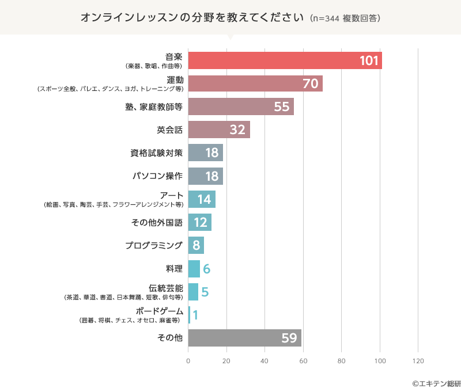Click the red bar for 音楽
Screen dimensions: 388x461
[285, 60]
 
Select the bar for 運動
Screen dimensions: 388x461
[255, 83]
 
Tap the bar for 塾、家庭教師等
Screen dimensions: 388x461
[241, 106]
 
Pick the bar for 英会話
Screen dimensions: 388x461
[219, 130]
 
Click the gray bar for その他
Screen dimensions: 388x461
[244, 338]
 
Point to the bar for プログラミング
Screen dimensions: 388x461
[196, 245]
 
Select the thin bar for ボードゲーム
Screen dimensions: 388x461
[189, 315]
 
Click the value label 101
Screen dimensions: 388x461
[368, 61]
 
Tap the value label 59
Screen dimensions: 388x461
[289, 338]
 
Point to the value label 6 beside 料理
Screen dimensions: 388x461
[206, 269]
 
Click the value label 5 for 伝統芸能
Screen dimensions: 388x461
[205, 292]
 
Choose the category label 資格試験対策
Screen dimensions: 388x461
[157, 153]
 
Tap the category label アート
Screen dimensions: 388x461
[172, 195]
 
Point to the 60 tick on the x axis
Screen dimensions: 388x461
[303, 361]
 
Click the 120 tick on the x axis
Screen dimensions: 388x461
[418, 361]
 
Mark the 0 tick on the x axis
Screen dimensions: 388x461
[188, 361]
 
